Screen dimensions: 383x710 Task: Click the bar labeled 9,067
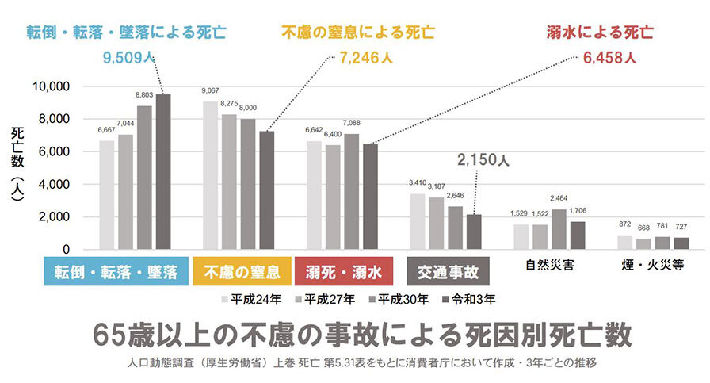(x=210, y=174)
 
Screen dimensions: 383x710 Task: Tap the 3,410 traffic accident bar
(x=417, y=221)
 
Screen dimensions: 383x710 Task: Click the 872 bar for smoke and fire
(x=624, y=242)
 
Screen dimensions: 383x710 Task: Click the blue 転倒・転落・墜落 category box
(x=116, y=272)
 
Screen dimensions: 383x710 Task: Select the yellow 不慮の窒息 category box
(x=242, y=272)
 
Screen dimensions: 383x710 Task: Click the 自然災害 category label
(x=550, y=264)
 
